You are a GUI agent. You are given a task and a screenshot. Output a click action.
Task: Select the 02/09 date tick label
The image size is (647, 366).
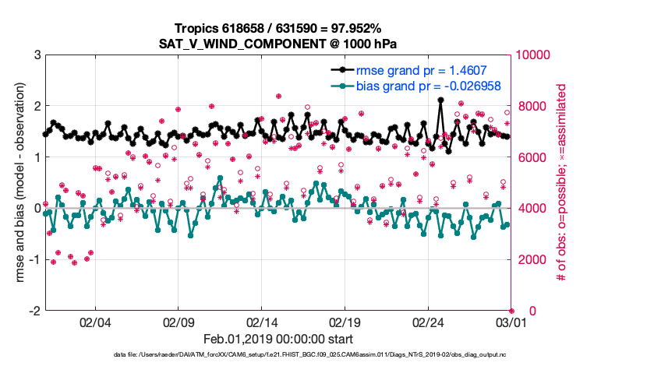pos(179,321)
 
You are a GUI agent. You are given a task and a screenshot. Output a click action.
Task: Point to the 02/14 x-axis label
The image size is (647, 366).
pos(263,321)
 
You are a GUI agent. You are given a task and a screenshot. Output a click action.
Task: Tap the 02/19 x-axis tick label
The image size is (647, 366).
pos(345,321)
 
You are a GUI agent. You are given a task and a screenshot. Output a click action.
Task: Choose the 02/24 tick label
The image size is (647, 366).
pos(428,321)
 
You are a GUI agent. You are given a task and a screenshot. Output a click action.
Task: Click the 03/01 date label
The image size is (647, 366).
pos(511,321)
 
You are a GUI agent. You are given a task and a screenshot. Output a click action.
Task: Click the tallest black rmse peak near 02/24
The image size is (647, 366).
pos(440,100)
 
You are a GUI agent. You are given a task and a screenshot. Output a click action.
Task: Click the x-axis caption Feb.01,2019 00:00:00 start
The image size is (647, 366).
pos(278,339)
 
